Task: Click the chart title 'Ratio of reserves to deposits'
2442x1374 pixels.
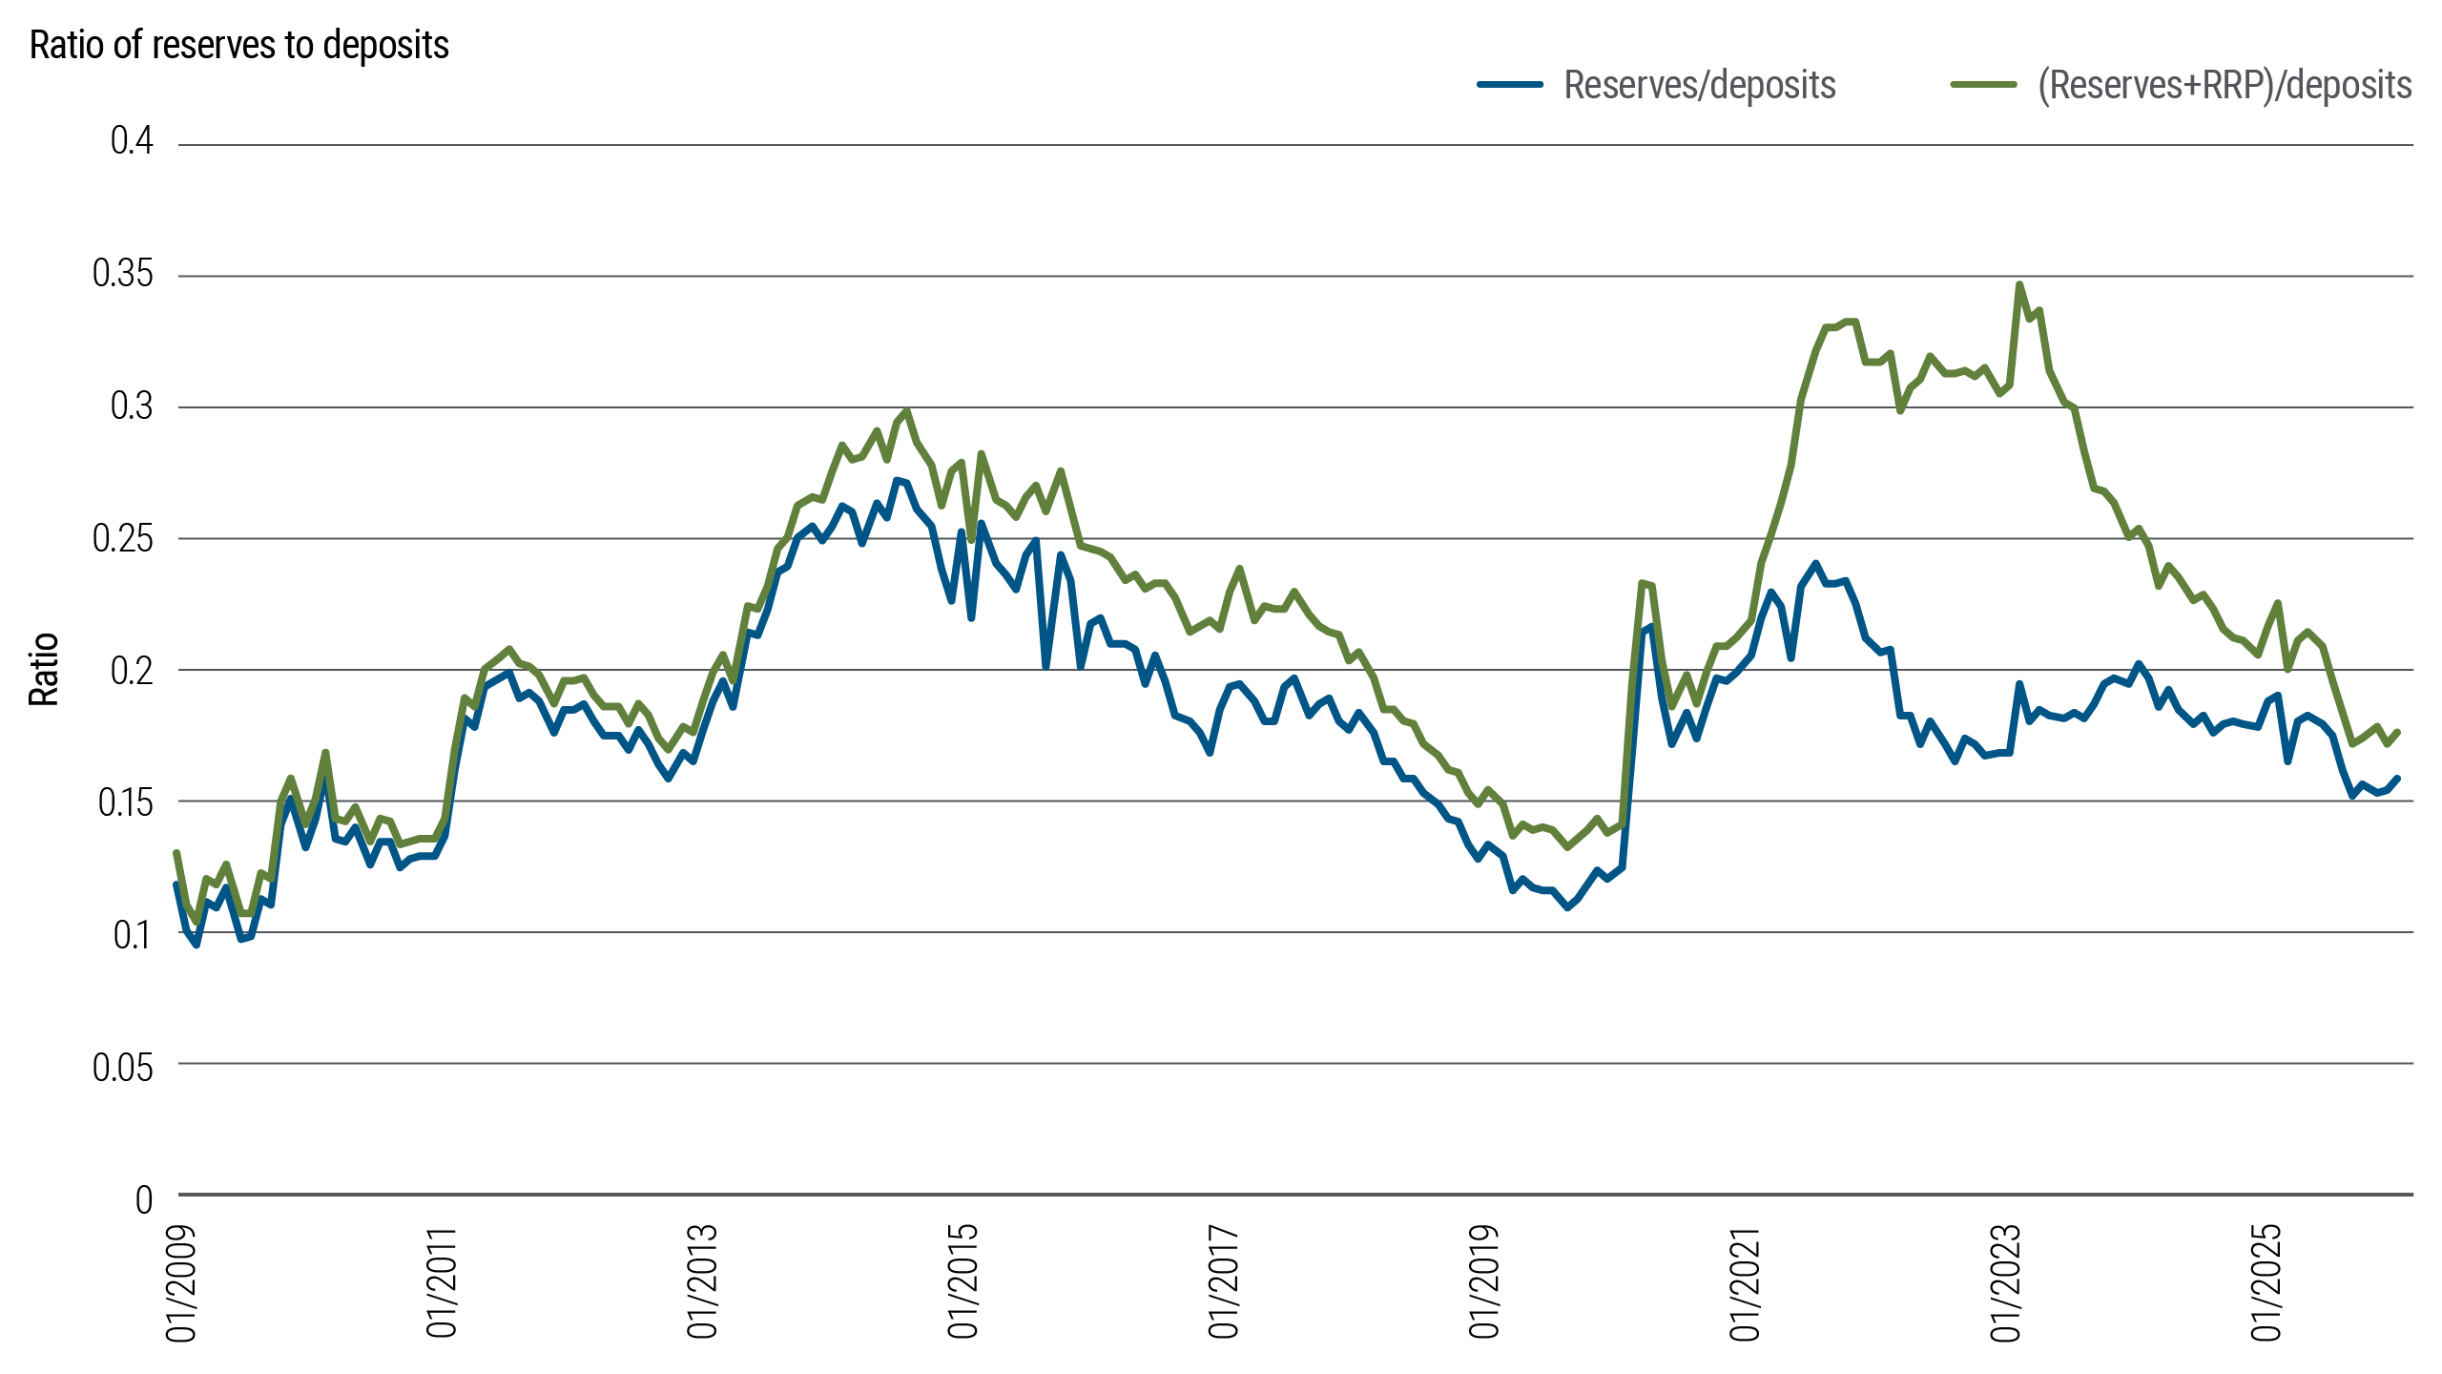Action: [238, 45]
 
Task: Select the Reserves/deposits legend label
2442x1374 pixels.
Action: [1699, 85]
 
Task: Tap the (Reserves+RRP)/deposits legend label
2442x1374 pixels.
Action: [2225, 85]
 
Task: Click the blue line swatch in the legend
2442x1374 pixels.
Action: [1510, 85]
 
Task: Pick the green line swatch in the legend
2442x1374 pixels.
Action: [1983, 85]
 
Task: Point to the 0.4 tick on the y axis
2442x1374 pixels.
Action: [132, 141]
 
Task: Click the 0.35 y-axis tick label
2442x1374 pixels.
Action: [122, 274]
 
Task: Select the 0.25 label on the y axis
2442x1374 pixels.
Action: [122, 538]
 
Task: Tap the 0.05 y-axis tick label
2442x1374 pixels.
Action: [122, 1067]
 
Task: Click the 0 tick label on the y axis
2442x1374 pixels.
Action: [143, 1199]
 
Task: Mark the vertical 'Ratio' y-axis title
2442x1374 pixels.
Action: [44, 670]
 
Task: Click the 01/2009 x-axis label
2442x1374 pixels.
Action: [181, 1282]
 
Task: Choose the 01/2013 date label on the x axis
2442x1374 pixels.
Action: [702, 1282]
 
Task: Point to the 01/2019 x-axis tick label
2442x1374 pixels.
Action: [1484, 1282]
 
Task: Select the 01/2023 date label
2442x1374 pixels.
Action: [2006, 1282]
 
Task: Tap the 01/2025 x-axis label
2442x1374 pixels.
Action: [2266, 1282]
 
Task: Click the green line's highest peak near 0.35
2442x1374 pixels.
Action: [2019, 284]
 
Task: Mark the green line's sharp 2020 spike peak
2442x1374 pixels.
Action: [1642, 583]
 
